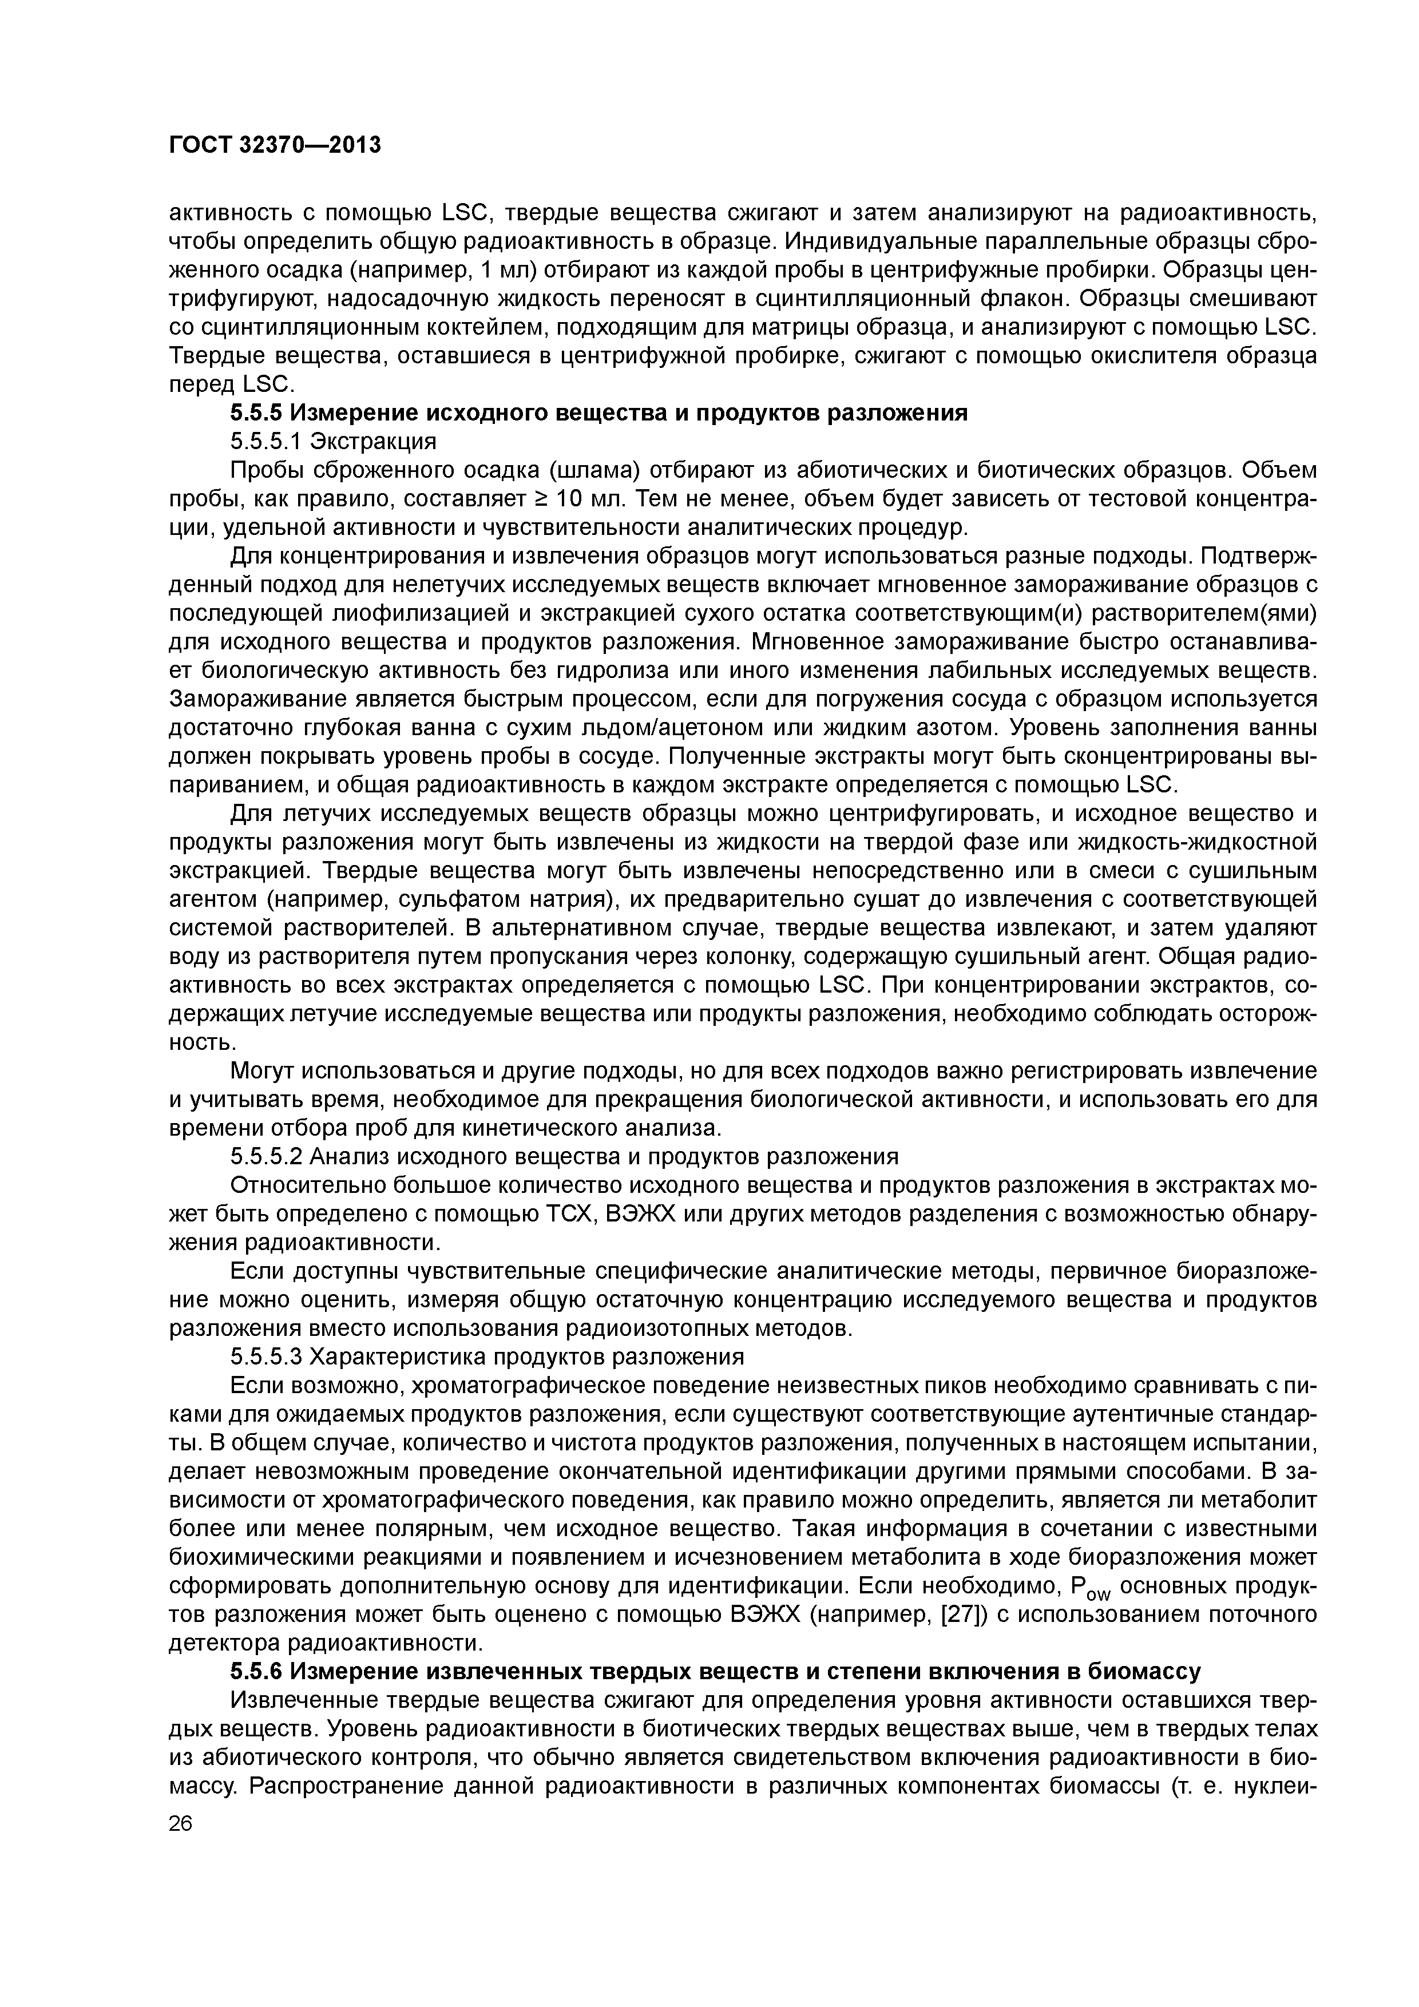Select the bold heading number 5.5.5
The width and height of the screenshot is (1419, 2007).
point(256,412)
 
